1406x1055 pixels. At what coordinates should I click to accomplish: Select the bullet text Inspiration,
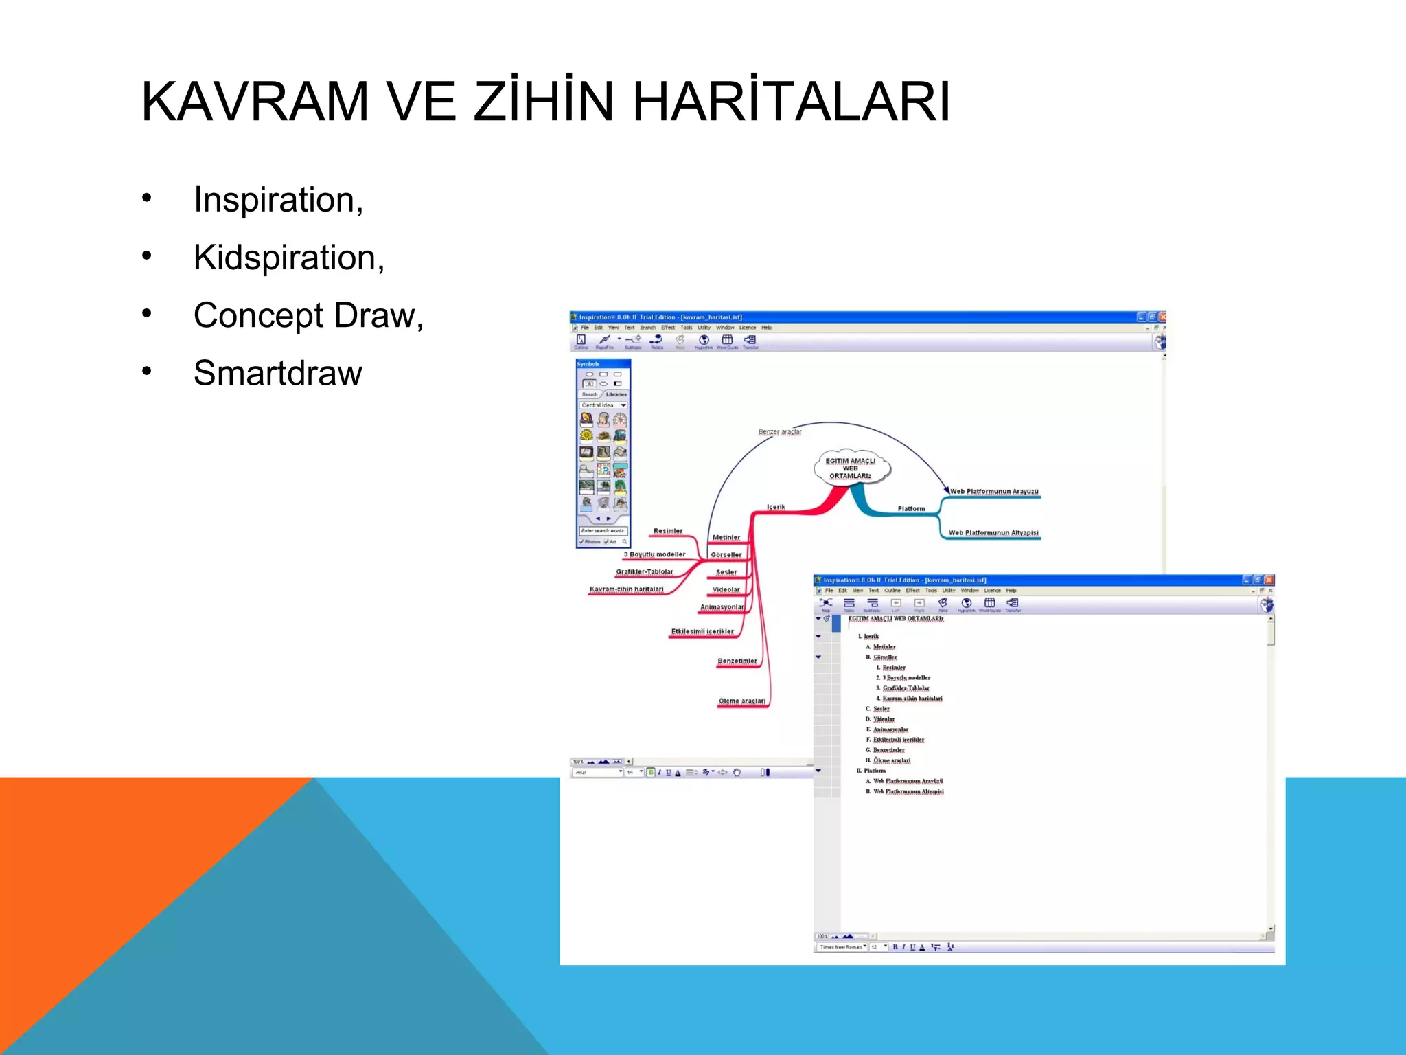[278, 200]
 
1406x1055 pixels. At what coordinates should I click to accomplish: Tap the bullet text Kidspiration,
[288, 258]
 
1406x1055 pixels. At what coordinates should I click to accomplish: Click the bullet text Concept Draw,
[308, 315]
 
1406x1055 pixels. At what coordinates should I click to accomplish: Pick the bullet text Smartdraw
[277, 373]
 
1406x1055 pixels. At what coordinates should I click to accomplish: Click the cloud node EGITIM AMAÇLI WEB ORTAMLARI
[850, 468]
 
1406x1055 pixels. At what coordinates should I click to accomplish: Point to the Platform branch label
[911, 509]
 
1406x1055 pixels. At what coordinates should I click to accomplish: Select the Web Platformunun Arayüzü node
[993, 492]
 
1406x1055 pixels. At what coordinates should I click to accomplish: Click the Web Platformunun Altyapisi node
[993, 533]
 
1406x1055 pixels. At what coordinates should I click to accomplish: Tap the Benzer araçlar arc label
[780, 432]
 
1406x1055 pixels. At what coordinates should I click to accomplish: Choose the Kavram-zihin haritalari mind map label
[626, 589]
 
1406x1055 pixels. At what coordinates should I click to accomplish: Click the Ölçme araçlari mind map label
[741, 701]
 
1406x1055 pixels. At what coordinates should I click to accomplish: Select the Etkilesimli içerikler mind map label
[702, 632]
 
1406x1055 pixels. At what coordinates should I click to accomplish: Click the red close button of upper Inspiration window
[1162, 317]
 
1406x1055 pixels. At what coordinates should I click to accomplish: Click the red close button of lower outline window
[1269, 580]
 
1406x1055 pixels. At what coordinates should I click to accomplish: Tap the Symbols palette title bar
[602, 364]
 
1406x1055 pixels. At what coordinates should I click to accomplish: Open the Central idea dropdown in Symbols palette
[623, 405]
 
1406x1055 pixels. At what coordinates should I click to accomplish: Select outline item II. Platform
[874, 771]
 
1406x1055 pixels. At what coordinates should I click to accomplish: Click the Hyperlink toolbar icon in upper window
[704, 341]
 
